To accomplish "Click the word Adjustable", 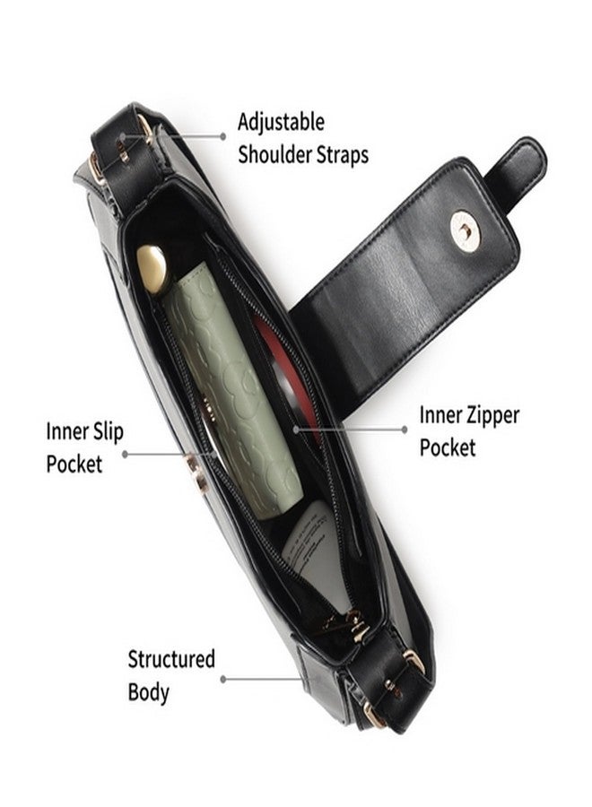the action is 281,124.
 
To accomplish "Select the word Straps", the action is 342,154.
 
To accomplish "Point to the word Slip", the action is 105,431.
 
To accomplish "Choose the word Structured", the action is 171,659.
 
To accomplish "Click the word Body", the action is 148,692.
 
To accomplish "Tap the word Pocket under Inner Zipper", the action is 448,447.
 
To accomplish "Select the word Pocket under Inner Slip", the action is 74,464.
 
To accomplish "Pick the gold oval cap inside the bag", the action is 152,268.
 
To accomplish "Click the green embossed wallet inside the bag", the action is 232,391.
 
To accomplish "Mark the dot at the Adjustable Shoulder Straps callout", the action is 223,136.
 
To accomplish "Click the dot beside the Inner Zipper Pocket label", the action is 405,430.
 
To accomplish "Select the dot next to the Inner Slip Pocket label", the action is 125,455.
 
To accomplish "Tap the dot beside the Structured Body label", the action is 223,680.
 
